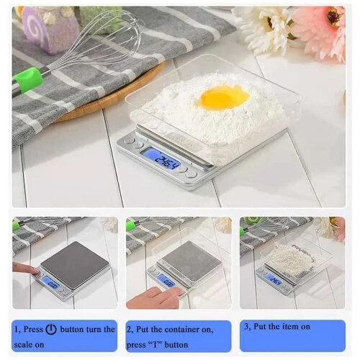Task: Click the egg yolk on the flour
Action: (x=222, y=97)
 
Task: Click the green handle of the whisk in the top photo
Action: (x=27, y=80)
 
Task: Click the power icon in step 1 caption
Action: (x=51, y=329)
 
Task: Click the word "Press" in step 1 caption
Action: (x=33, y=329)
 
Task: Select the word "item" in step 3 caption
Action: (x=294, y=327)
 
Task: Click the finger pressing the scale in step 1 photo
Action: (x=26, y=269)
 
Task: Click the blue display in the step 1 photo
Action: (x=51, y=284)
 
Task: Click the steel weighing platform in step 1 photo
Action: (x=74, y=264)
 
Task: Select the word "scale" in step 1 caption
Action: (x=23, y=345)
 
